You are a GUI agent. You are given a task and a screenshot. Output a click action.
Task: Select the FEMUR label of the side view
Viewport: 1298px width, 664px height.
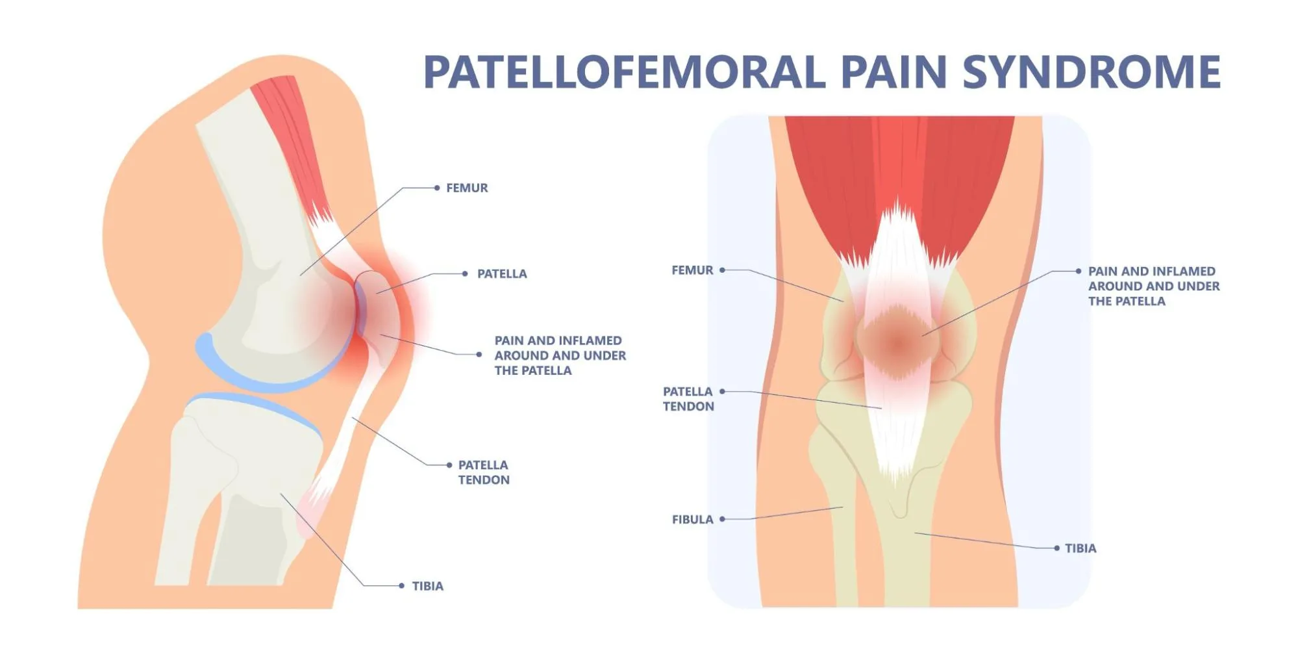467,188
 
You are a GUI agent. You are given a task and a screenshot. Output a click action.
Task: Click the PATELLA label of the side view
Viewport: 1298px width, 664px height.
502,274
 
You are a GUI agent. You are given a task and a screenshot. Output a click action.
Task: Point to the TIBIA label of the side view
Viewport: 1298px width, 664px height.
427,586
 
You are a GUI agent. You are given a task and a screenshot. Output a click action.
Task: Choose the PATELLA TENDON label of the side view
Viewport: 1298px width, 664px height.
484,472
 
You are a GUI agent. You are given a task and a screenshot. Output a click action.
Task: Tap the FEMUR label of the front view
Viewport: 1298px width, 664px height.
692,270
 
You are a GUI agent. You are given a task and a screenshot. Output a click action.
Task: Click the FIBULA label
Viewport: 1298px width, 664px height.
692,519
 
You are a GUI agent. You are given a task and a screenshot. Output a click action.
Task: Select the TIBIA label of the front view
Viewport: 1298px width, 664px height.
1080,548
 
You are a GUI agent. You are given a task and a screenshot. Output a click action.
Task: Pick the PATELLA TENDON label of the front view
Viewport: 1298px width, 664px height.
688,399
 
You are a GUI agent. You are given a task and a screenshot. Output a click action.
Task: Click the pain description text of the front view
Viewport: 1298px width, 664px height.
1153,286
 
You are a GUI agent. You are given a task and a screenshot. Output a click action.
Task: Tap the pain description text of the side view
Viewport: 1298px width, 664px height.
560,355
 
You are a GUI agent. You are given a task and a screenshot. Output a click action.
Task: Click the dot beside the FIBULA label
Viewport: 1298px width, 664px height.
722,519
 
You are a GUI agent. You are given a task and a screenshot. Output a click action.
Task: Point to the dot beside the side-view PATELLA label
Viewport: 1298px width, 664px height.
465,274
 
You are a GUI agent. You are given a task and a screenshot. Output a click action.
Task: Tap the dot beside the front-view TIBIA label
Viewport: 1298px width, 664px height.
1057,548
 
